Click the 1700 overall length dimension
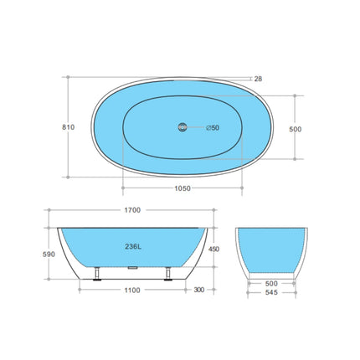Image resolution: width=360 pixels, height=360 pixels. pyautogui.click(x=131, y=209)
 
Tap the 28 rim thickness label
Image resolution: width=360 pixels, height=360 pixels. pyautogui.click(x=258, y=79)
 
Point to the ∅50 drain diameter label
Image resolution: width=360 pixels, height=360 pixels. pyautogui.click(x=213, y=127)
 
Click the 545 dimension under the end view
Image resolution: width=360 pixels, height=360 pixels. pyautogui.click(x=270, y=293)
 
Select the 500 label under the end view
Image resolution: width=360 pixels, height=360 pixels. pyautogui.click(x=270, y=283)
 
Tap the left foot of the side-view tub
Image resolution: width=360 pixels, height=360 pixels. pyautogui.click(x=99, y=273)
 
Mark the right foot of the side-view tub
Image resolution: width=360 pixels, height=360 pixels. pyautogui.click(x=168, y=273)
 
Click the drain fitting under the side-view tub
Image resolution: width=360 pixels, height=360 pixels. pyautogui.click(x=131, y=270)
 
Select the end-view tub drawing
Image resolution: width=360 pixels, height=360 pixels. pyautogui.click(x=270, y=249)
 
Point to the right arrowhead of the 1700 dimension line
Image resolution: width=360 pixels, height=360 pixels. pyautogui.click(x=213, y=218)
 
